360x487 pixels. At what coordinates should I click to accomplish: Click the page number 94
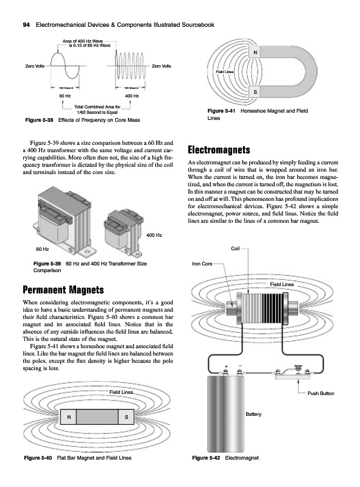click(x=26, y=25)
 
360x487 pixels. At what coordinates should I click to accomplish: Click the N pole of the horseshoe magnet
click(x=255, y=52)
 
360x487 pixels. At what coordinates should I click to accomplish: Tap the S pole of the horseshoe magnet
click(x=255, y=92)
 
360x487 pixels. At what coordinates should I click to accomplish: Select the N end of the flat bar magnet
click(x=69, y=417)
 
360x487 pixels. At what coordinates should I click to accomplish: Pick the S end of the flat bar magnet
click(x=126, y=417)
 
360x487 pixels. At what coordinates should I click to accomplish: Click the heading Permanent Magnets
click(x=63, y=290)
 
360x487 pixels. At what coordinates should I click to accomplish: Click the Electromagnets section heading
click(x=219, y=150)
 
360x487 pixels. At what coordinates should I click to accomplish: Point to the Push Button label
click(x=321, y=393)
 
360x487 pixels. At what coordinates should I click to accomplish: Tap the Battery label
click(x=253, y=414)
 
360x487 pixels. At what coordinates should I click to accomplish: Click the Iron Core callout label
click(x=202, y=264)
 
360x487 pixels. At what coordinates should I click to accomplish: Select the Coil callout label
click(x=235, y=248)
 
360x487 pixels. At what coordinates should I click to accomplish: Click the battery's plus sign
click(x=226, y=366)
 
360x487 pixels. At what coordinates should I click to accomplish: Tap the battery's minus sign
click(x=239, y=366)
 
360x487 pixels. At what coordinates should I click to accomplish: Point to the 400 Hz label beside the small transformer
click(x=154, y=235)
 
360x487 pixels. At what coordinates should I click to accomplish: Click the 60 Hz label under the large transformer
click(x=43, y=249)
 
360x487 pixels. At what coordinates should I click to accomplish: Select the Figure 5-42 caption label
click(x=206, y=458)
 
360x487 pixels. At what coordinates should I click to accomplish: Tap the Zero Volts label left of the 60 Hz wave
click(x=35, y=66)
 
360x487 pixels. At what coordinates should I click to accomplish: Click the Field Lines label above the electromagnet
click(x=281, y=284)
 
